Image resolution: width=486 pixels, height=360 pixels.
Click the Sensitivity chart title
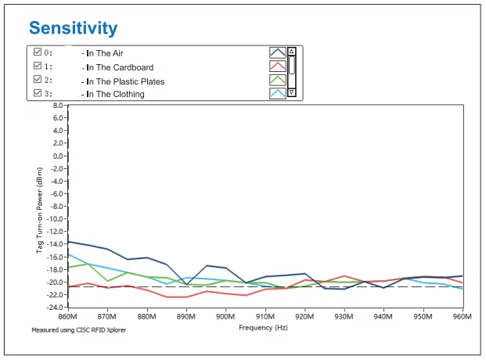73,28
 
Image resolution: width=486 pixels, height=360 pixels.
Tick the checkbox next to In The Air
38,52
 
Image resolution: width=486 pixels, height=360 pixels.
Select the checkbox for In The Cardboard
38,66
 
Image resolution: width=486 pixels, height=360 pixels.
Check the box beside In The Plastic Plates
38,79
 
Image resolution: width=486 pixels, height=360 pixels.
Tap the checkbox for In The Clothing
38,93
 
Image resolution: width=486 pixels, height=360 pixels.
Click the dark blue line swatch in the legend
277,52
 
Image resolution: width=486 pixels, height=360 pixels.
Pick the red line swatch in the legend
277,67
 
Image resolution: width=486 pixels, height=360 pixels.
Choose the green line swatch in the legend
277,80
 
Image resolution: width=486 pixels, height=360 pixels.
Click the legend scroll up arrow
291,51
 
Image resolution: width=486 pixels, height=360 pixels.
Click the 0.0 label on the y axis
58,156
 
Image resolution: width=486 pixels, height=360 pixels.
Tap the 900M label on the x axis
225,317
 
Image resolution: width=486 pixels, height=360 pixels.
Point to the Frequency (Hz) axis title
263,328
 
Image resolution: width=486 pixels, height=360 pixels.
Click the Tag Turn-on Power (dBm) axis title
39,211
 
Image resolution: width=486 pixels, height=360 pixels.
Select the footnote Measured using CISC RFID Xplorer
79,330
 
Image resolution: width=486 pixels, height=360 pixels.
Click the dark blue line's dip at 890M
186,284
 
